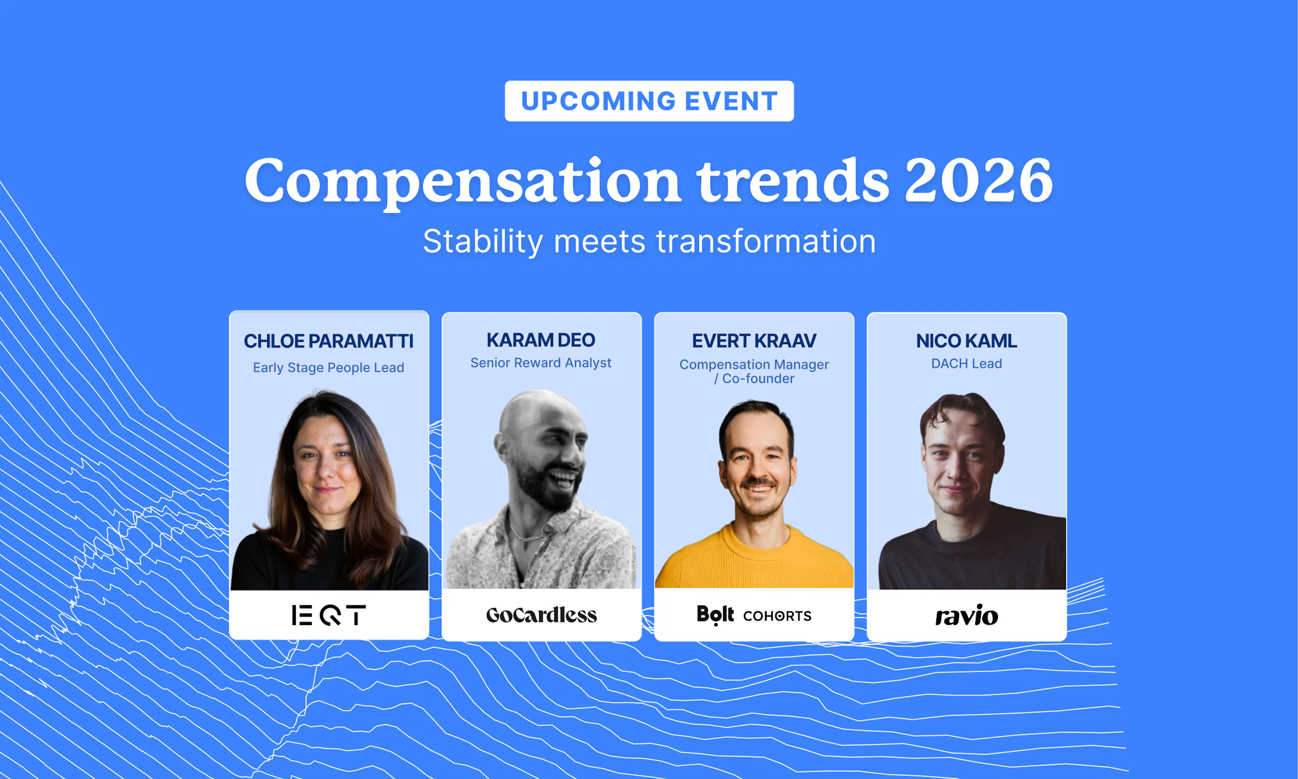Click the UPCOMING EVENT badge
(x=649, y=101)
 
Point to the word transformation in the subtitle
(x=766, y=242)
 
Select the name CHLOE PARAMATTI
(x=329, y=341)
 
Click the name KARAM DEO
(x=541, y=340)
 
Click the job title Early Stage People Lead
(x=329, y=368)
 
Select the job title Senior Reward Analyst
(x=541, y=363)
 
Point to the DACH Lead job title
(x=966, y=363)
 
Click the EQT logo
(x=329, y=615)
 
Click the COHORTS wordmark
(x=777, y=616)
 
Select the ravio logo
(x=966, y=615)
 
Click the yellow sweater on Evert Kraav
(x=754, y=562)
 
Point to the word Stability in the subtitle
(x=482, y=242)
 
